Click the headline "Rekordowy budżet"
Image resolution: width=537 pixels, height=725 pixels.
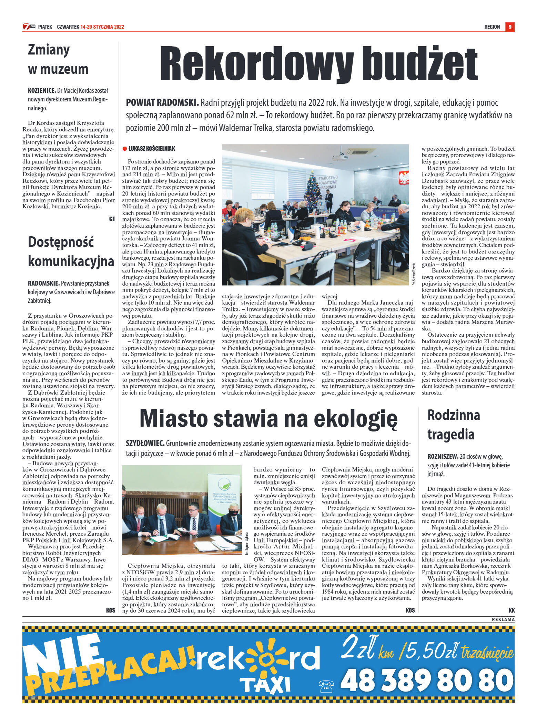[318, 64]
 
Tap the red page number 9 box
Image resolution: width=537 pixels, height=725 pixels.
[510, 27]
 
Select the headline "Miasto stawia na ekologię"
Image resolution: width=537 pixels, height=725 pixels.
[268, 419]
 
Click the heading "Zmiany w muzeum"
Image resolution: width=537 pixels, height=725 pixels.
[58, 59]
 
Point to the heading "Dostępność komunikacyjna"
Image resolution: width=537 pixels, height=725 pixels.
[71, 251]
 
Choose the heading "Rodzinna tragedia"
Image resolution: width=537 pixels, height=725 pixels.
[453, 425]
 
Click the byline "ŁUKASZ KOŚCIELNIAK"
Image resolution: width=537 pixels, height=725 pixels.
[152, 149]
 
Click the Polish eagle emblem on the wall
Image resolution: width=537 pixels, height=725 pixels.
[403, 178]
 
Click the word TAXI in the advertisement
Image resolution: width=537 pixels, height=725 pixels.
[265, 684]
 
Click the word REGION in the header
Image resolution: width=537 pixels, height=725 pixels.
[492, 27]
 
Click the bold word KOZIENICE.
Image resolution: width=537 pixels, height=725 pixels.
[42, 91]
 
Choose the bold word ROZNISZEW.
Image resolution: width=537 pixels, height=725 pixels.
[443, 456]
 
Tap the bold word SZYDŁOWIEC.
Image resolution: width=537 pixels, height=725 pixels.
[145, 443]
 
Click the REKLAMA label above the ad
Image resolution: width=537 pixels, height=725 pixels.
[503, 619]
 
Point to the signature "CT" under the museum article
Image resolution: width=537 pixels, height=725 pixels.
[112, 219]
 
